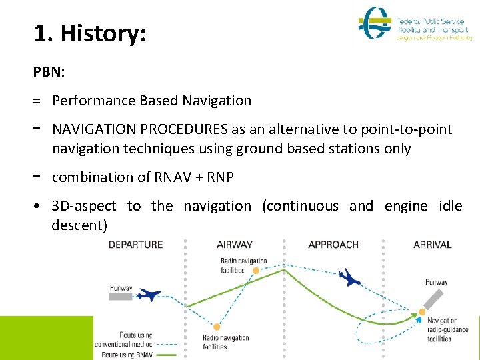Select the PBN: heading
(x=50, y=71)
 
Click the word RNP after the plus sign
(x=219, y=177)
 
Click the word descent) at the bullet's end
(x=79, y=225)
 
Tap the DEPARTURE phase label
(x=135, y=245)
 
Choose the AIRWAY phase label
(x=235, y=245)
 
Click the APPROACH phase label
(x=333, y=245)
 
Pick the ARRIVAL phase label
(x=432, y=245)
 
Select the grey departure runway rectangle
(x=121, y=297)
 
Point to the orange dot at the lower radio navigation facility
(x=217, y=327)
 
